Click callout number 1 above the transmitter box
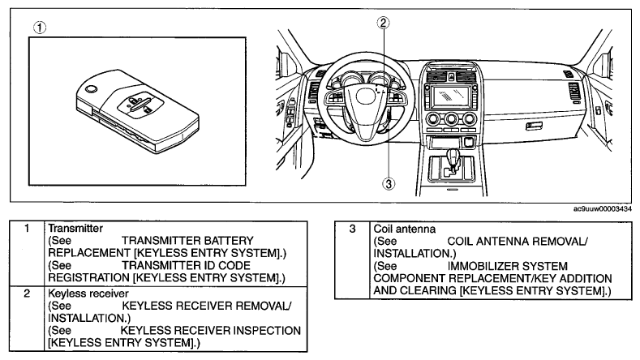pyautogui.click(x=40, y=28)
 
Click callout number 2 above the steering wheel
pyautogui.click(x=383, y=23)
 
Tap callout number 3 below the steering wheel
pyautogui.click(x=389, y=184)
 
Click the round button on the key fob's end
pyautogui.click(x=92, y=88)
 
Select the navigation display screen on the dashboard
pyautogui.click(x=451, y=97)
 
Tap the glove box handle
pyautogui.click(x=534, y=126)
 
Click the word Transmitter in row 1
pyautogui.click(x=75, y=228)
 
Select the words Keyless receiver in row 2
pyautogui.click(x=88, y=294)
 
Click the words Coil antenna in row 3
pyautogui.click(x=405, y=229)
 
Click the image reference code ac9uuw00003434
pyautogui.click(x=603, y=209)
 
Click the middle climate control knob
pyautogui.click(x=451, y=119)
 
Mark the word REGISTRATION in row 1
pyautogui.click(x=89, y=278)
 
